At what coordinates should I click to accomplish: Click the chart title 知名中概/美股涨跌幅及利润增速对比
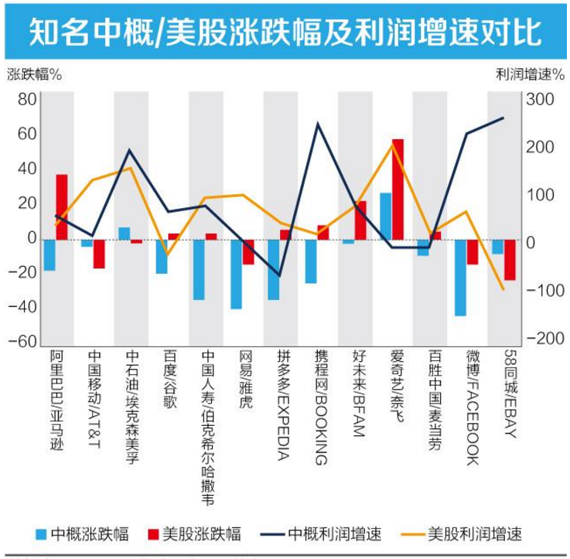click(285, 32)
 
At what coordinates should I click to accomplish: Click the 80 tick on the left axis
click(26, 99)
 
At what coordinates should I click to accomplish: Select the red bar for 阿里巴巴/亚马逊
click(62, 207)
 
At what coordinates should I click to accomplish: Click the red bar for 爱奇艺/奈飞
click(398, 189)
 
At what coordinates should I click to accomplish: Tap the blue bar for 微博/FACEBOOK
click(460, 278)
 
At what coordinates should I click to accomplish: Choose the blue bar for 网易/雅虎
click(236, 274)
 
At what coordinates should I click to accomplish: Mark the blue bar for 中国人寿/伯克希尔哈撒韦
click(199, 269)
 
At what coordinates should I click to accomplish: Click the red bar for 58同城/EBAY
click(510, 260)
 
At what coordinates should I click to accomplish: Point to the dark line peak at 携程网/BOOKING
click(318, 123)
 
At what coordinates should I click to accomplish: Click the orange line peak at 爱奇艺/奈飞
click(392, 144)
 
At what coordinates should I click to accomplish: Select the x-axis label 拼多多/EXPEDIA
click(284, 402)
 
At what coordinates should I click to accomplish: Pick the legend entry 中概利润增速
click(335, 534)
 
